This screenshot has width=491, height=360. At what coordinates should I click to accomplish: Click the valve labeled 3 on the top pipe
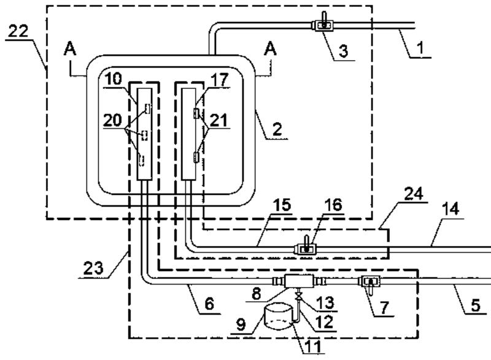pyautogui.click(x=322, y=25)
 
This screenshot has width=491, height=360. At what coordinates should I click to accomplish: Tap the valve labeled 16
pyautogui.click(x=304, y=248)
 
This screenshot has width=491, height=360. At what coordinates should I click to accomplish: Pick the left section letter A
pyautogui.click(x=71, y=52)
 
